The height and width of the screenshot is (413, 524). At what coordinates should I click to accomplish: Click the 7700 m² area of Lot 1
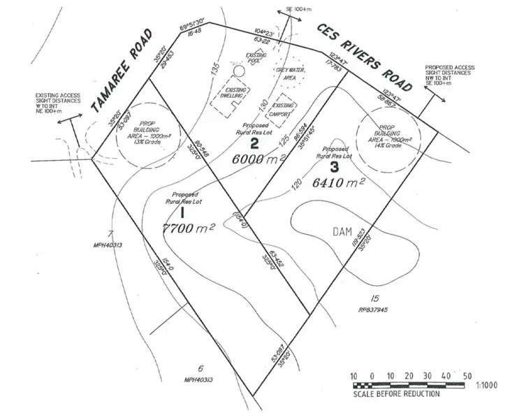tap(187, 228)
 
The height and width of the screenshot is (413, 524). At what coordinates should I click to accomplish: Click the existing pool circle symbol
tap(239, 71)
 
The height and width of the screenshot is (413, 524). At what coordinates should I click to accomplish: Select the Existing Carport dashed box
tap(285, 110)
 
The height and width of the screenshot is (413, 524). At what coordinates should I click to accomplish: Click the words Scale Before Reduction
tap(395, 394)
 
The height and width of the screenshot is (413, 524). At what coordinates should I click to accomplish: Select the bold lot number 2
tap(255, 145)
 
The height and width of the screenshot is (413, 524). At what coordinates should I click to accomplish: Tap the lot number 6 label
tap(201, 369)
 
